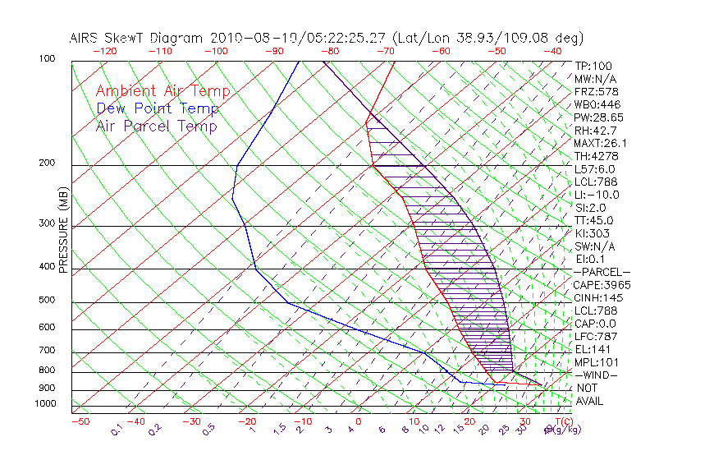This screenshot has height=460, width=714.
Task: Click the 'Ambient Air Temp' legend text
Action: tap(162, 91)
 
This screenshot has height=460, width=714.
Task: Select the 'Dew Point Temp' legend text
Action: tap(158, 108)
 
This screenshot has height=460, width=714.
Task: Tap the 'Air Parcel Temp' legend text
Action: tap(156, 126)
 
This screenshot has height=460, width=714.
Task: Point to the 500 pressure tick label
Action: tap(46, 300)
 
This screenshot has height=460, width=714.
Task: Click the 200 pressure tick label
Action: tap(46, 163)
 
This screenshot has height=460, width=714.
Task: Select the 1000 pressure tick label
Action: tap(44, 403)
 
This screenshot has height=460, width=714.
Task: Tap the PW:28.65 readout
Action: tap(599, 117)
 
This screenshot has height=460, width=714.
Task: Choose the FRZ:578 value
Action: tap(596, 91)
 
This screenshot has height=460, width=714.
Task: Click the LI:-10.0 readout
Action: tap(597, 195)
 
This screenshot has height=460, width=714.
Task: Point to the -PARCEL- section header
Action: tap(602, 272)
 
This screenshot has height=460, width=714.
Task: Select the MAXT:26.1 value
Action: tap(601, 143)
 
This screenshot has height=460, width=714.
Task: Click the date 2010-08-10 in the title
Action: tap(243, 38)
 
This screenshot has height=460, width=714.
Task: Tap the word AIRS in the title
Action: tap(87, 38)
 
